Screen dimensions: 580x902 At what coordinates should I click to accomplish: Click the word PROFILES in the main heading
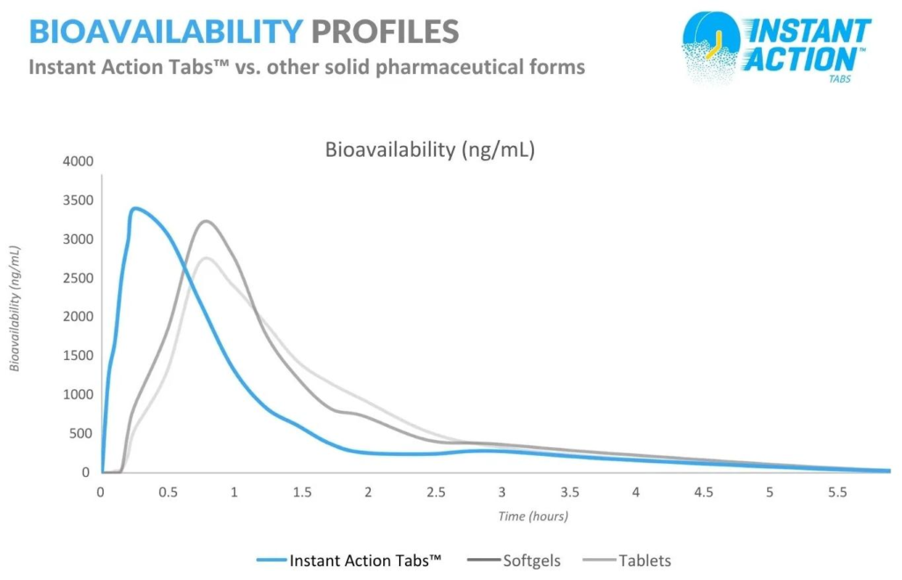[384, 32]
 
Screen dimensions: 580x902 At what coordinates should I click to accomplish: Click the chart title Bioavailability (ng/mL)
[430, 149]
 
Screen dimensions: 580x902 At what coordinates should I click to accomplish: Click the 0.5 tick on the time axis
[167, 493]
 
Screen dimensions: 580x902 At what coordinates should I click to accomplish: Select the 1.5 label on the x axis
[301, 493]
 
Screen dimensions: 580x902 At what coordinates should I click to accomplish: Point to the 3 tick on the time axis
[501, 493]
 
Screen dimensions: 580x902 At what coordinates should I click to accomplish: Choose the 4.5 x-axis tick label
[703, 493]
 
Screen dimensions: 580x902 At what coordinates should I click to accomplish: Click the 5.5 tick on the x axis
[837, 493]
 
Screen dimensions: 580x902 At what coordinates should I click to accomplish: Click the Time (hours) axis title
[533, 517]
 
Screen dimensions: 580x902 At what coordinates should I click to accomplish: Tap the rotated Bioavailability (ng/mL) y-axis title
[15, 308]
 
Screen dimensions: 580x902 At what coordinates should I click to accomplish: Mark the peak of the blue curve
[135, 209]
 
